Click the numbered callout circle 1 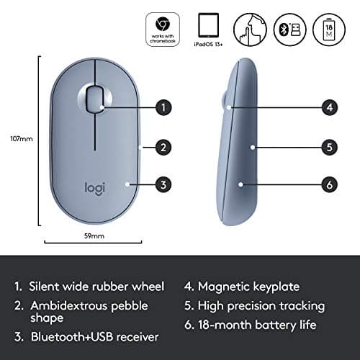(x=164, y=107)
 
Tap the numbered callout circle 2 (x=164, y=148)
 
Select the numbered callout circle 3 (x=164, y=185)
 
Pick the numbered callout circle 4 (x=329, y=108)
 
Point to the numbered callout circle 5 (x=329, y=148)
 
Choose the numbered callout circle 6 (x=329, y=185)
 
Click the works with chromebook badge (x=163, y=30)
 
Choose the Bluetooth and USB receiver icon (x=288, y=28)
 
